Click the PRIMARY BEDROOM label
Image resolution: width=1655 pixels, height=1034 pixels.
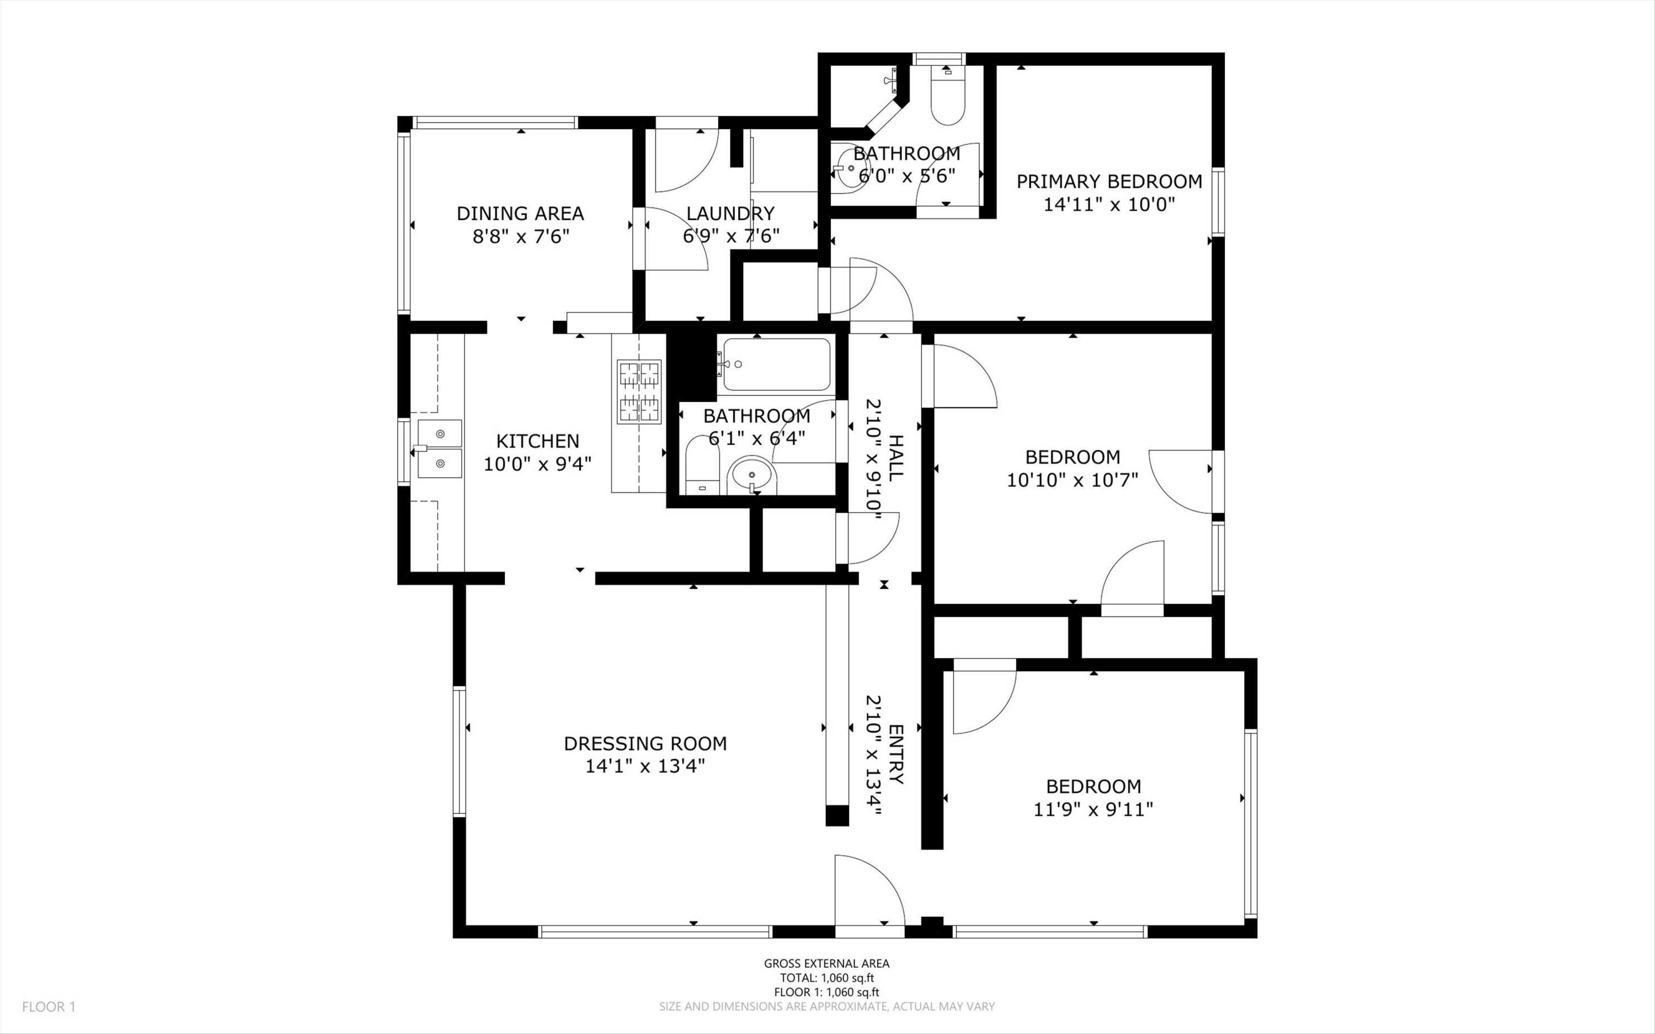(1109, 182)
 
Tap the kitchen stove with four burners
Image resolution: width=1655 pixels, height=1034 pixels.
(640, 391)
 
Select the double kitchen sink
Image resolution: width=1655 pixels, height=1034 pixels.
(440, 449)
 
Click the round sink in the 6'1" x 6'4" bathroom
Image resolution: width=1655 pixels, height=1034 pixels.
(752, 474)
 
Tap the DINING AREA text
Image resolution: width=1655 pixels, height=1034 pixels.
(520, 214)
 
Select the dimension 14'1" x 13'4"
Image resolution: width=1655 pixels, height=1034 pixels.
(645, 766)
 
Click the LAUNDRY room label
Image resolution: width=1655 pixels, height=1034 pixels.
(730, 214)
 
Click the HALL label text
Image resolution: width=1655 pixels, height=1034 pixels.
(895, 457)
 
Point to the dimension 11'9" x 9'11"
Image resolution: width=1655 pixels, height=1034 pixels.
(1093, 809)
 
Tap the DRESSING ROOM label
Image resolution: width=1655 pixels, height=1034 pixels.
(645, 743)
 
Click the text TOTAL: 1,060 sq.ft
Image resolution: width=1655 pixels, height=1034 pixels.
(827, 978)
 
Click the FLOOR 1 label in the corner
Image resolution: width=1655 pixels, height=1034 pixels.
(49, 1006)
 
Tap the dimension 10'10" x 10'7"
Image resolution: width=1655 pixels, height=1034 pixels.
(1072, 480)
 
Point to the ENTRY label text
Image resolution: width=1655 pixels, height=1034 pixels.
(895, 754)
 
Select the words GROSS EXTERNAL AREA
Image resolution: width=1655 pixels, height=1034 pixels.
(827, 963)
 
